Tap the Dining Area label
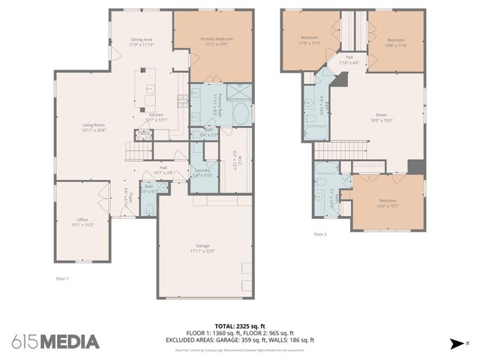(x=142, y=40)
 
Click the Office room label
(x=82, y=220)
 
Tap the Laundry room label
(x=202, y=171)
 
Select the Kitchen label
(x=156, y=115)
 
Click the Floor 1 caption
(x=62, y=279)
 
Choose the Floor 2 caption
(x=320, y=234)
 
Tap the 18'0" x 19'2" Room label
(x=382, y=116)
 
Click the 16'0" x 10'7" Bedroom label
(x=387, y=200)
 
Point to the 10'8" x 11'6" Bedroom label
(x=396, y=40)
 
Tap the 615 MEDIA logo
(x=55, y=342)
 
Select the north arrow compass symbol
(x=456, y=343)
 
